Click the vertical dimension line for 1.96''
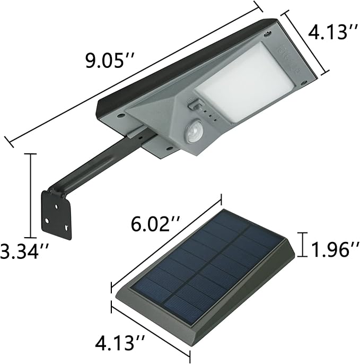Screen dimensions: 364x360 pyautogui.click(x=302, y=244)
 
